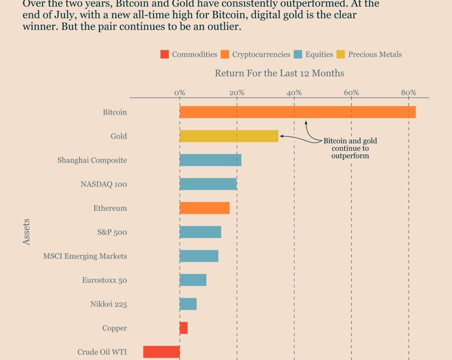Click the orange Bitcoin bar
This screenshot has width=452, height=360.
(x=298, y=112)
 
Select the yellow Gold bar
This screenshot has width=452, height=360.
(x=229, y=136)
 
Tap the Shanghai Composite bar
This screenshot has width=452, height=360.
(x=211, y=160)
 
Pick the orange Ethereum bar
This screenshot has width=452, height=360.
(x=204, y=208)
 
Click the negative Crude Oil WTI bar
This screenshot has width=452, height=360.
(x=162, y=352)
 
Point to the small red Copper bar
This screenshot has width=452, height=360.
(x=184, y=328)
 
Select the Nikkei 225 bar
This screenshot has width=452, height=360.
(x=188, y=304)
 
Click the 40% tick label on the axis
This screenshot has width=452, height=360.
(x=294, y=93)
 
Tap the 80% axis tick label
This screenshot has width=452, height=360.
(x=408, y=93)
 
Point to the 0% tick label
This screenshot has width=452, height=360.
(x=180, y=93)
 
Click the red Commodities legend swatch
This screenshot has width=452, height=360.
(x=165, y=55)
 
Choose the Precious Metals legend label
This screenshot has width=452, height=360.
(x=375, y=55)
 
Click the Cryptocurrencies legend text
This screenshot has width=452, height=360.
(x=261, y=55)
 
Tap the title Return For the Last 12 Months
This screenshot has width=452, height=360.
(x=279, y=73)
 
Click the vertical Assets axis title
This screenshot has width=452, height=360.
(x=26, y=232)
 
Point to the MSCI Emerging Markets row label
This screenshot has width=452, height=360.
(x=85, y=256)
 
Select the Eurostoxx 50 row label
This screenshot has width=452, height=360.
(x=104, y=280)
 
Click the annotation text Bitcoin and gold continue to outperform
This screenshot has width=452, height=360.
(x=350, y=148)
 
